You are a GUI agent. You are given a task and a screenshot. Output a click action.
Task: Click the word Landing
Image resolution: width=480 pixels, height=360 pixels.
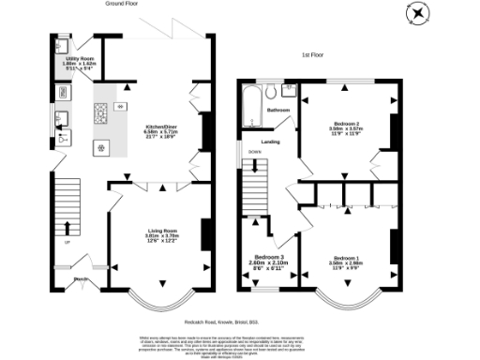coord(271,142)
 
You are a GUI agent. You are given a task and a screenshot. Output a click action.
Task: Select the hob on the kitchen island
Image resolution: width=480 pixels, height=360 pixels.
coord(99,115)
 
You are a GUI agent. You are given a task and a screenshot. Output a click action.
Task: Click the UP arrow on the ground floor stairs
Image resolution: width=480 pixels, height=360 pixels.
coord(67,228)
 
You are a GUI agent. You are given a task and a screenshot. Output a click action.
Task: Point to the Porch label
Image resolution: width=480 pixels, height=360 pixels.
coord(81,278)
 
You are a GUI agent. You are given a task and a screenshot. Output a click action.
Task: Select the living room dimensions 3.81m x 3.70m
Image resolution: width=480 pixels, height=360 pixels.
coord(159,238)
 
